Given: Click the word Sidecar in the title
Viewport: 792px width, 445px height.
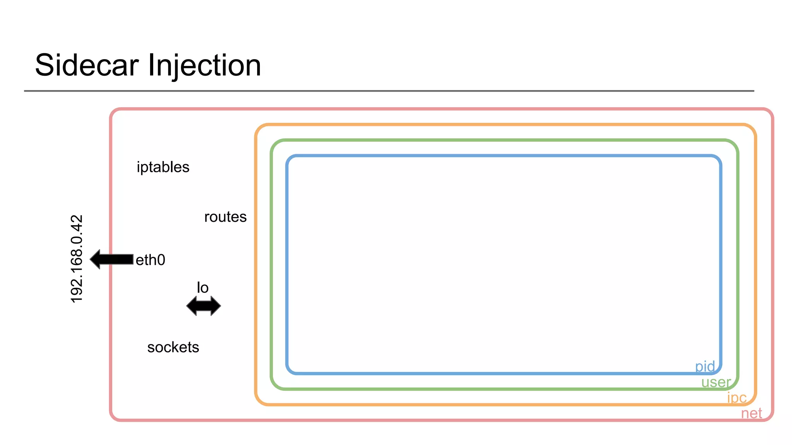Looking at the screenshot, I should click(87, 65).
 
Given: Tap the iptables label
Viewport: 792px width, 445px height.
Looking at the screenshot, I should click(163, 167).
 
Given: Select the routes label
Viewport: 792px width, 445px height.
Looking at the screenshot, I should click(225, 217).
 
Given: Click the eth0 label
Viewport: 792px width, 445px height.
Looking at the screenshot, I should click(150, 260).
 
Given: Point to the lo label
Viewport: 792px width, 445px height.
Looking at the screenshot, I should click(203, 288).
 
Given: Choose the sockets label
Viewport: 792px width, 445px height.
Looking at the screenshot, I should click(173, 347).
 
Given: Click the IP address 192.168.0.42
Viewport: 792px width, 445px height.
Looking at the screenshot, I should click(77, 259).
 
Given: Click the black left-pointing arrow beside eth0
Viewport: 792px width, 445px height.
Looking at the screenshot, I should click(112, 259).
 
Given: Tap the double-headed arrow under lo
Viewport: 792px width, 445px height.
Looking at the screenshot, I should click(203, 306).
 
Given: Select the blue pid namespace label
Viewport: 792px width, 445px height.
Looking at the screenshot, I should click(705, 366).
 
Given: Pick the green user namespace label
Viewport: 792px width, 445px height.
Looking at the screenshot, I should click(715, 382).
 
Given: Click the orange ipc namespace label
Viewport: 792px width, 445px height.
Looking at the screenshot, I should click(736, 397).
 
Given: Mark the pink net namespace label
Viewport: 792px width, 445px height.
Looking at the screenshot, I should click(751, 413).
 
